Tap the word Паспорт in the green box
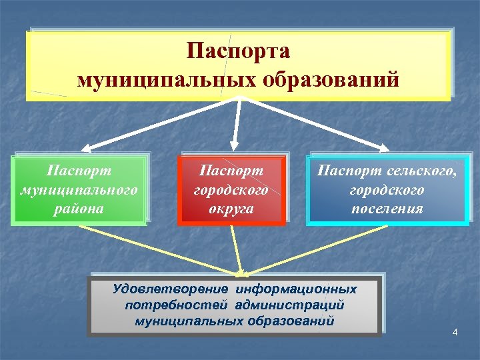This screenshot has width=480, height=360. (79, 171)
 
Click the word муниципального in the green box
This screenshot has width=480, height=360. (79, 190)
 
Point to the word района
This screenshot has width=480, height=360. (79, 208)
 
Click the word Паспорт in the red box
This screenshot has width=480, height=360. (232, 171)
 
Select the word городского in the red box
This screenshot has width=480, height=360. (232, 190)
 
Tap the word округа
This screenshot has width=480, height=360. (232, 208)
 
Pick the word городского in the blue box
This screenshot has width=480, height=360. (387, 190)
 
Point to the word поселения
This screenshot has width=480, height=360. (387, 208)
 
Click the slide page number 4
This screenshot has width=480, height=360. (455, 332)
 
